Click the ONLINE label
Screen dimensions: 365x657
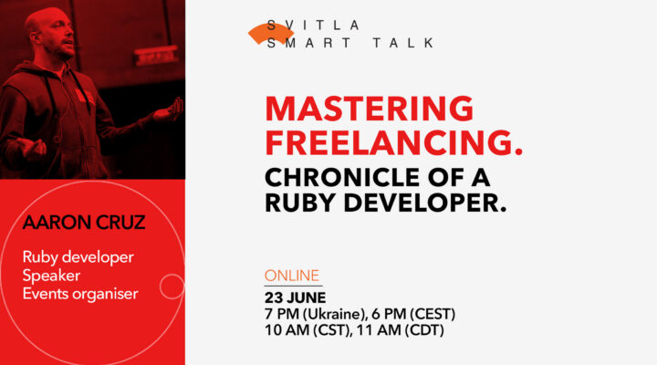tap(292, 275)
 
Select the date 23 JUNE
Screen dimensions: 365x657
tap(296, 297)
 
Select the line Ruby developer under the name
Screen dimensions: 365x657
tap(78, 256)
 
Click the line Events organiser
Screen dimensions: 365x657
tap(79, 293)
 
